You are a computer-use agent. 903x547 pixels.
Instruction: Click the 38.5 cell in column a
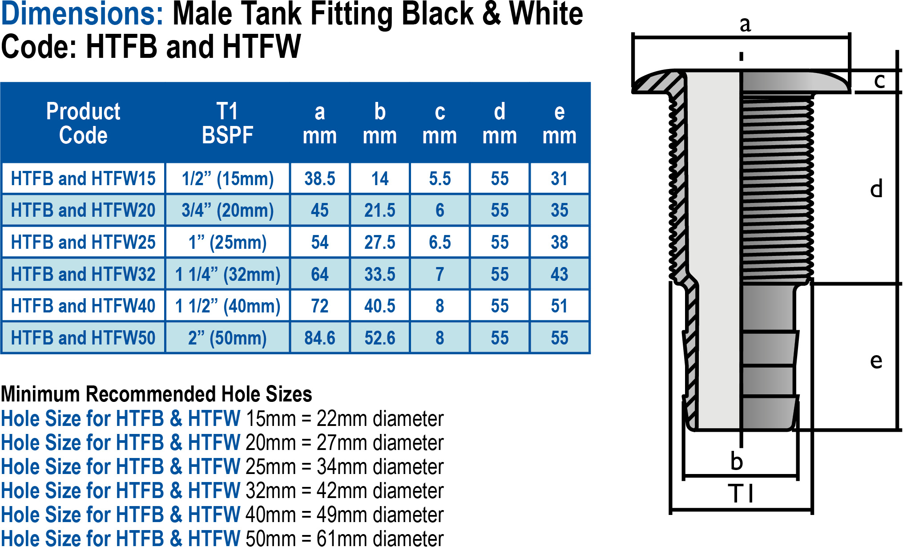319,179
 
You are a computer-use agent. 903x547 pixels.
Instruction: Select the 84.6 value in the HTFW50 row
319,338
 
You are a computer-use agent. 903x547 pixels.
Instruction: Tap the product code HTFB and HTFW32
83,275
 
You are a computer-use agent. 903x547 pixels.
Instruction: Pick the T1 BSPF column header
227,123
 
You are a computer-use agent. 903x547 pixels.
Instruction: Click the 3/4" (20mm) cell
227,211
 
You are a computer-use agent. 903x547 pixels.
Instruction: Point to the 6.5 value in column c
439,243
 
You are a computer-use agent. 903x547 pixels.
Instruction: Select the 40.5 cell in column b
379,306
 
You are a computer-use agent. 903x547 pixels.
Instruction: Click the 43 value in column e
559,275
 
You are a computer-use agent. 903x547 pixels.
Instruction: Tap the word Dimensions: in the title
83,14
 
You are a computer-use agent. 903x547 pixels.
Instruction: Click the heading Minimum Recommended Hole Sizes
156,394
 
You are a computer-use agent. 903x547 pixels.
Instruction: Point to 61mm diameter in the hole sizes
380,539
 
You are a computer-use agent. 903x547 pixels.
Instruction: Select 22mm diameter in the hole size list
380,419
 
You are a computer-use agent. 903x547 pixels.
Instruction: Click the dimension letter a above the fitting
745,24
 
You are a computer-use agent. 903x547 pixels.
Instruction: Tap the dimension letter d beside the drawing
876,189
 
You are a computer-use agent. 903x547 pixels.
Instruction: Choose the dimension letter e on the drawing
876,361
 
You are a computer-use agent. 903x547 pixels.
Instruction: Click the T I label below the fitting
741,494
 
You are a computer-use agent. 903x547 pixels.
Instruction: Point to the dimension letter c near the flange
879,81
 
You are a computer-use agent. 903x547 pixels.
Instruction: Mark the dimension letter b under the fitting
737,461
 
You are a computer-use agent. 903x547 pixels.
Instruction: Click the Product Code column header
83,123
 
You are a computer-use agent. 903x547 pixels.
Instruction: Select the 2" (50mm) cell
227,338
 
